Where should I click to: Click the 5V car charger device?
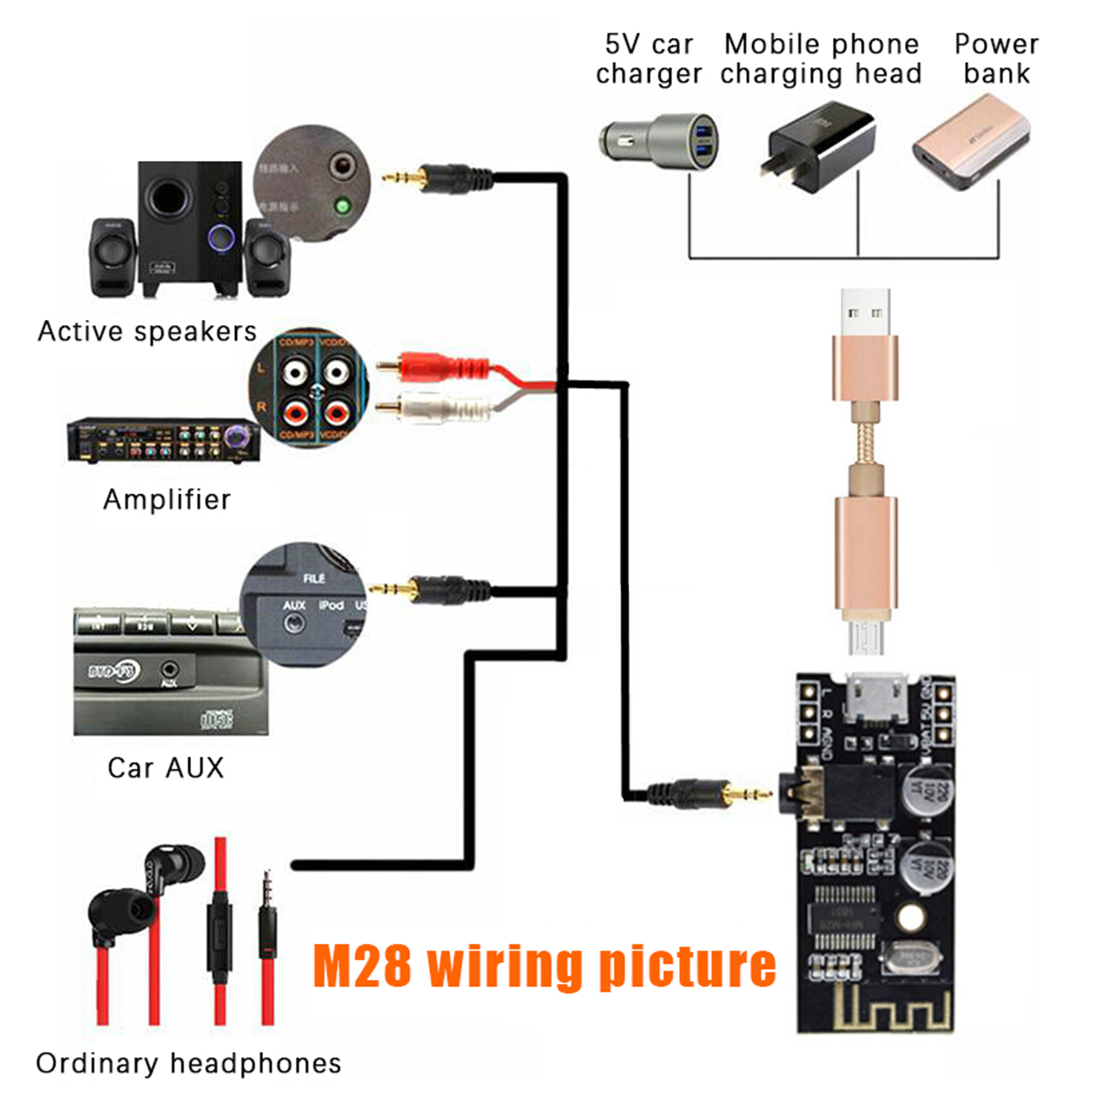click(659, 141)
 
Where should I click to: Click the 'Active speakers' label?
click(146, 331)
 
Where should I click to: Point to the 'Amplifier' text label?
click(166, 499)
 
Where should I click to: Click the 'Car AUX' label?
click(166, 767)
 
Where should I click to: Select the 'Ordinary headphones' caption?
click(188, 1063)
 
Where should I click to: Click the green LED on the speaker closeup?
click(342, 205)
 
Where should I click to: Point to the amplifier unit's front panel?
click(163, 440)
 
